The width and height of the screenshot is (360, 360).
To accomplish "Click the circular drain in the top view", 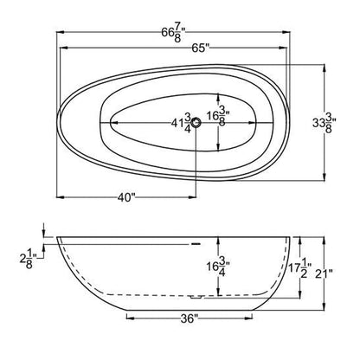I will [x=196, y=124].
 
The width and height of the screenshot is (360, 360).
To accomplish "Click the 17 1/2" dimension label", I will [x=297, y=272].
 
